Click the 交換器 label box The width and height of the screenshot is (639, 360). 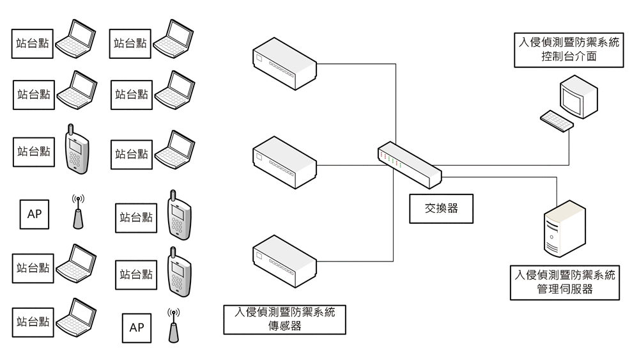coord(441,208)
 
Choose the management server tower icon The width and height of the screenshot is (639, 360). coord(564,228)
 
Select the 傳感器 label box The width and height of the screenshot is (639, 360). coord(284,319)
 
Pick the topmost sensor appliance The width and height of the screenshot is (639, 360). coord(284,65)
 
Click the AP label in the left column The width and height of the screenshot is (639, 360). coord(35,214)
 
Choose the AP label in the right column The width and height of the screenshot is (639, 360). coord(137,327)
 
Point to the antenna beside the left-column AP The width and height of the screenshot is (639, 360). coord(78,213)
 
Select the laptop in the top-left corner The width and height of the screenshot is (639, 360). coord(75,39)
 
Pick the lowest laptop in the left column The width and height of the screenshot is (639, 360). coord(75,318)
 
